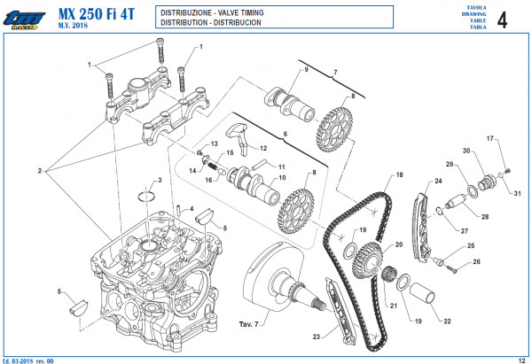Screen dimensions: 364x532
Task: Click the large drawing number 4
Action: [504, 20]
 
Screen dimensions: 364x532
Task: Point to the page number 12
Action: [521, 358]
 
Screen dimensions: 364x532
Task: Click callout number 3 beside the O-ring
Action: [159, 181]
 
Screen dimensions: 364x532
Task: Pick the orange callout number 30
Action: [465, 150]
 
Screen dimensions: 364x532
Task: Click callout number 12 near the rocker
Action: [263, 147]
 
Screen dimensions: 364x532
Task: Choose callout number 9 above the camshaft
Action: [306, 69]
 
